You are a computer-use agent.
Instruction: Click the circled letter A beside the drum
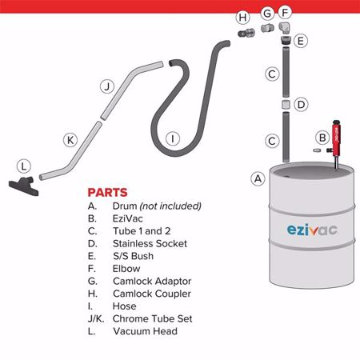[x=258, y=178]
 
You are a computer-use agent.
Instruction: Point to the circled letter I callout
[x=172, y=138]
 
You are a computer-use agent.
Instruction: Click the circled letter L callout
[x=25, y=166]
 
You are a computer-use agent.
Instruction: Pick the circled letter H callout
[x=243, y=17]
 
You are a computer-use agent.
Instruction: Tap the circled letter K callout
[x=70, y=140]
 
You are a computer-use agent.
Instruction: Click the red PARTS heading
[x=108, y=193]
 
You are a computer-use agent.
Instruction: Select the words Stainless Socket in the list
[x=150, y=243]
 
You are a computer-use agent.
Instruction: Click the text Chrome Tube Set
[x=153, y=318]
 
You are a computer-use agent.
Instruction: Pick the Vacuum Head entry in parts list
[x=145, y=330]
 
